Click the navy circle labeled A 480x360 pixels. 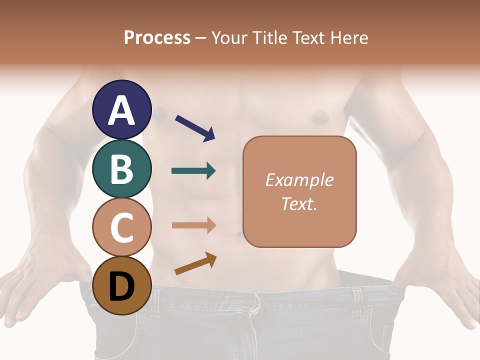click(x=122, y=109)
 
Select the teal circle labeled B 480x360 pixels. click(x=122, y=168)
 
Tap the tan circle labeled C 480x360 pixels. click(x=122, y=227)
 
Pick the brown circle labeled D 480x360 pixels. click(x=122, y=285)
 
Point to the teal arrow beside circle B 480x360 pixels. click(x=193, y=171)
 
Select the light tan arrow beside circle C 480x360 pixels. click(x=193, y=225)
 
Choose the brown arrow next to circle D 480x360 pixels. click(x=195, y=263)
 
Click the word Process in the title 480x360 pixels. click(x=157, y=37)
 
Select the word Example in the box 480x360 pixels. click(x=299, y=180)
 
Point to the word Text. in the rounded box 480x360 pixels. click(x=299, y=203)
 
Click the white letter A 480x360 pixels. click(x=122, y=110)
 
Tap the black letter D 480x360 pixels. click(x=122, y=286)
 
